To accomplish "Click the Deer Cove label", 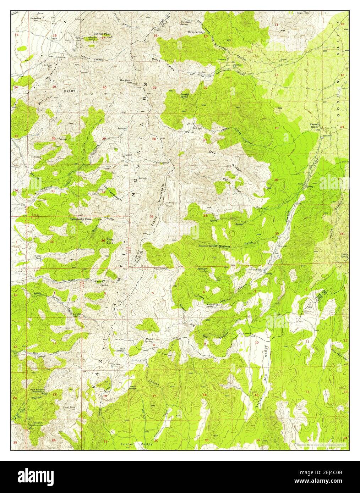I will tap(110, 240).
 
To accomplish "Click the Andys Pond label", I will tap(38, 256).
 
